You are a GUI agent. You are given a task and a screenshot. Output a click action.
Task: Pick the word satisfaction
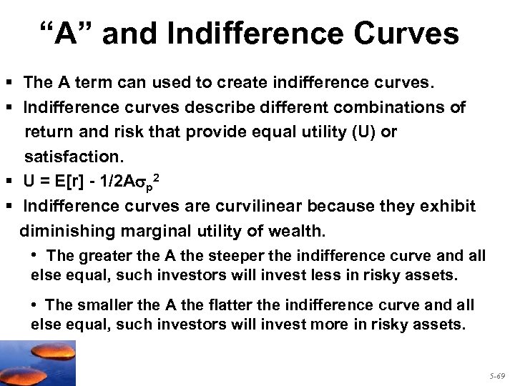[72, 157]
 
